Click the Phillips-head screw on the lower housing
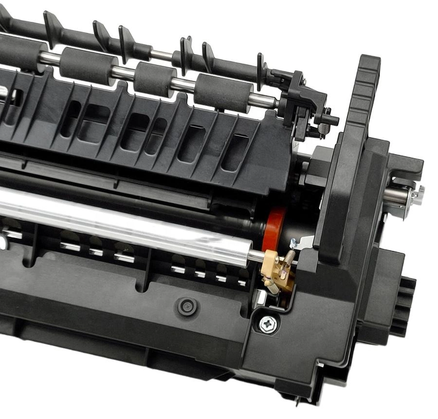pos(268,324)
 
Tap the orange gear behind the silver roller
pos(274,229)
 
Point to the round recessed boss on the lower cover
pos(186,307)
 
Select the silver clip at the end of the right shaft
pos(416,196)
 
